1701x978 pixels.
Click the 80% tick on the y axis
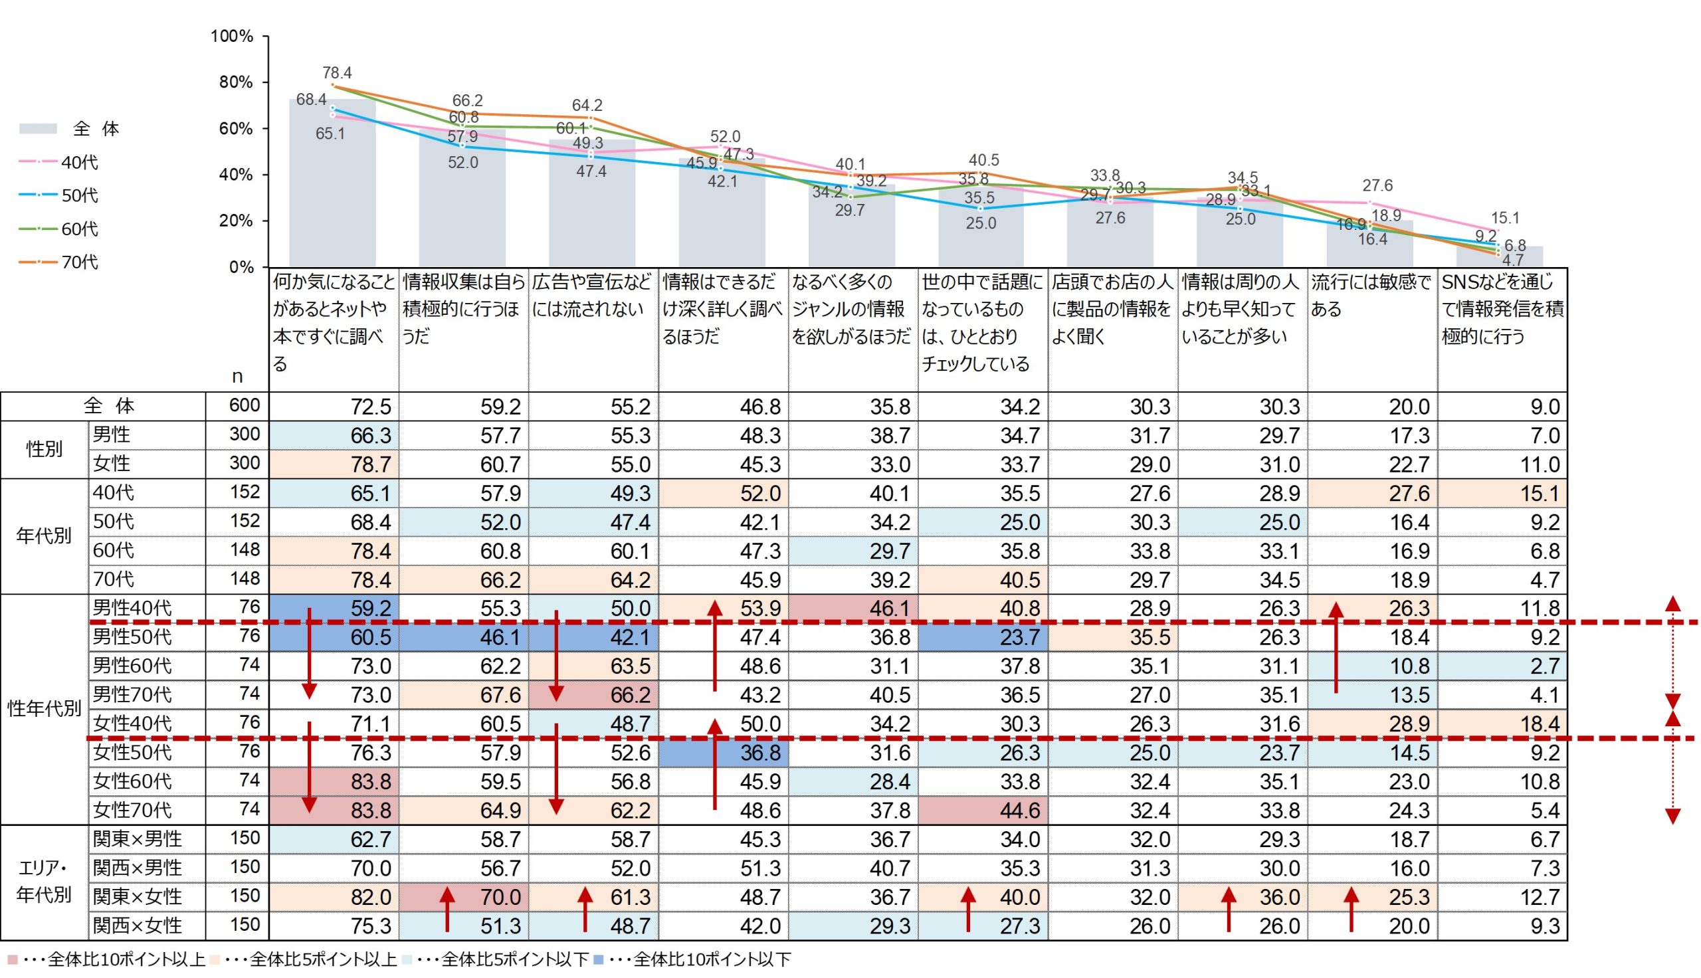point(236,82)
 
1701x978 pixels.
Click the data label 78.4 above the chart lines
point(336,72)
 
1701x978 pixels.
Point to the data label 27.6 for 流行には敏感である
point(1377,185)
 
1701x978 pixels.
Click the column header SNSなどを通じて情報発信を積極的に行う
point(1502,310)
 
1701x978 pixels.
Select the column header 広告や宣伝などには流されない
point(591,296)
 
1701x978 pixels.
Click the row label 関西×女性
point(137,926)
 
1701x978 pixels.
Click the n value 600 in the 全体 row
point(244,405)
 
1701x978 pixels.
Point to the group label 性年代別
point(44,709)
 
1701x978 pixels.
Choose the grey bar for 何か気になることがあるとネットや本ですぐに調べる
point(332,188)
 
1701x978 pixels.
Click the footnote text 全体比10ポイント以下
point(711,959)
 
